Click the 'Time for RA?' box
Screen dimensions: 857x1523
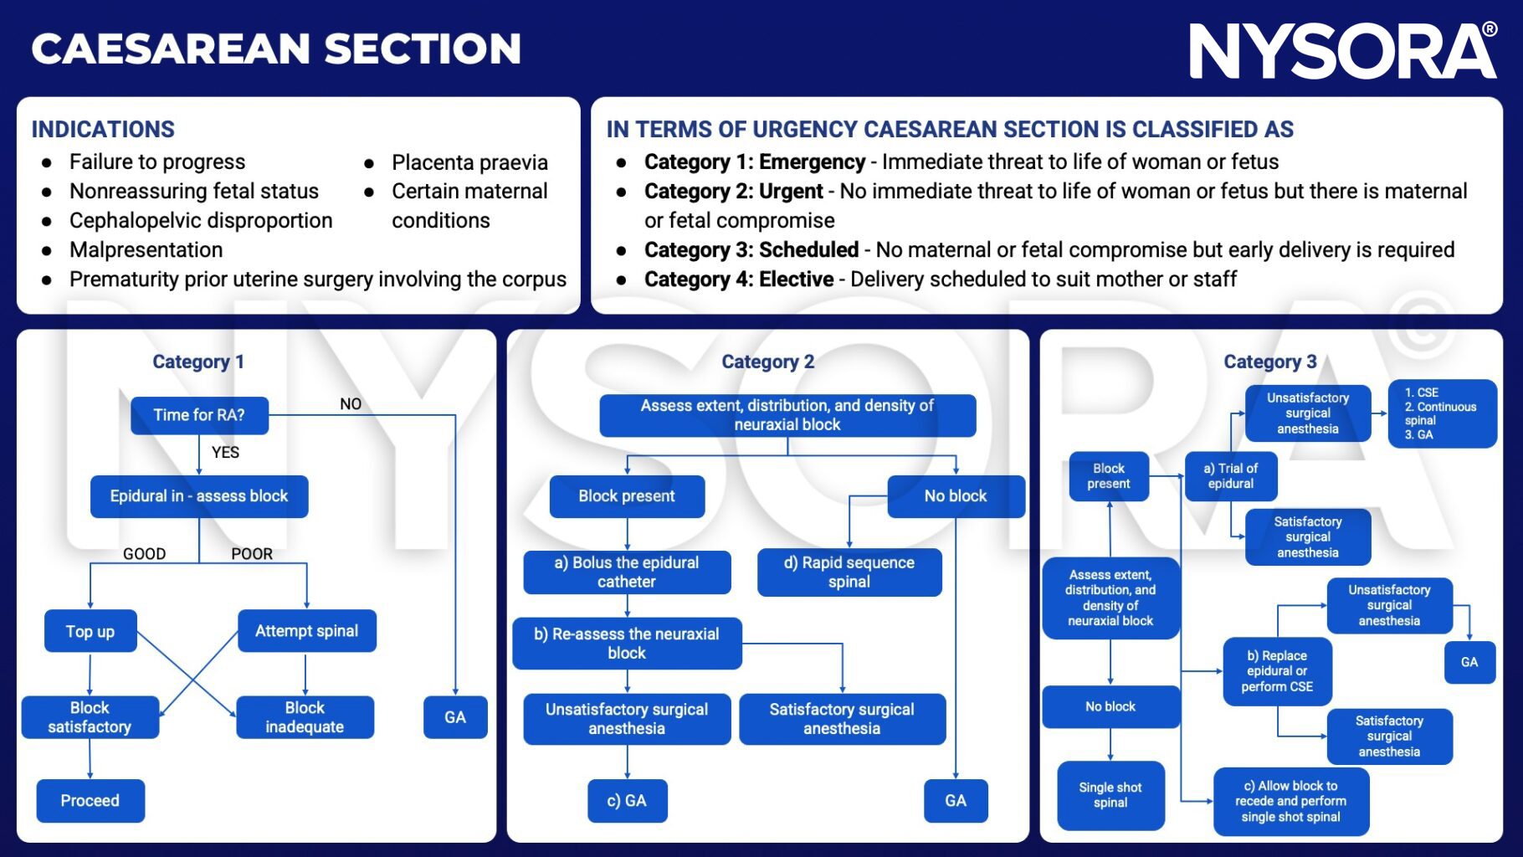(x=199, y=415)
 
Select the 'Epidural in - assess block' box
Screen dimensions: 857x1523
(x=199, y=496)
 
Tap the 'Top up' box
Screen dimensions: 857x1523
(x=90, y=631)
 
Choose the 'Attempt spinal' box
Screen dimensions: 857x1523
(x=306, y=631)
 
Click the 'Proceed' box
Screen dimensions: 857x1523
(x=90, y=801)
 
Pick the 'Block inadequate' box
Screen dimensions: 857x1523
(x=305, y=717)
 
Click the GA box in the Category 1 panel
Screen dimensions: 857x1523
(x=455, y=717)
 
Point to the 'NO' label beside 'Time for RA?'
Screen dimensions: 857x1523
(x=351, y=404)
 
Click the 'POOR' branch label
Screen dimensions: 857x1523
(x=252, y=554)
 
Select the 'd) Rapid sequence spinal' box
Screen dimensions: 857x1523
(x=849, y=572)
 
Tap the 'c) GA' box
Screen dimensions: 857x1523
(x=627, y=801)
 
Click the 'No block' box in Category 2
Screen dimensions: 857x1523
(x=956, y=496)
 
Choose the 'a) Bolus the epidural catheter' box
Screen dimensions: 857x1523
(x=627, y=572)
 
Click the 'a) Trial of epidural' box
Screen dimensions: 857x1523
(x=1230, y=476)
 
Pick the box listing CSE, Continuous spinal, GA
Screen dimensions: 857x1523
(x=1442, y=413)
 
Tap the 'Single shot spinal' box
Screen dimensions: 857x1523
(x=1110, y=795)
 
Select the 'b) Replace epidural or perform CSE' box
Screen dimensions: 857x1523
(x=1277, y=671)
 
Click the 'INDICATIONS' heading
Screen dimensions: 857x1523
(x=103, y=129)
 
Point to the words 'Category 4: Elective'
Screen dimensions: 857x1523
(x=739, y=280)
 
